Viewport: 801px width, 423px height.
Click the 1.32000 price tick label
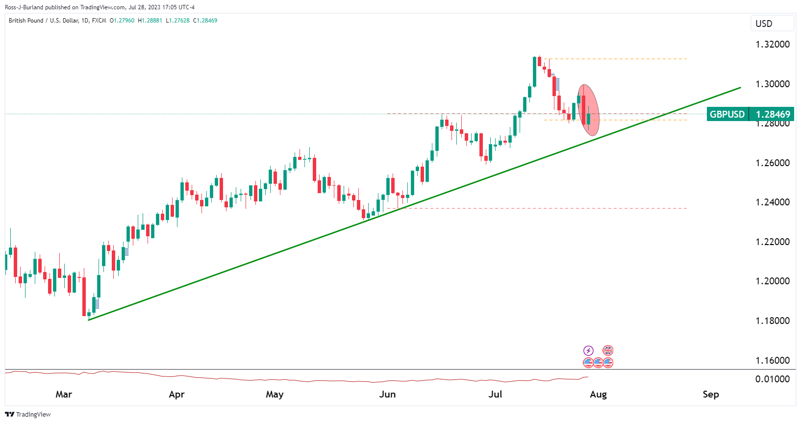(x=773, y=44)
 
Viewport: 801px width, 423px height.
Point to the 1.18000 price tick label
(x=773, y=321)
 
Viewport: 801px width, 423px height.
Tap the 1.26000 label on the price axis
(x=773, y=163)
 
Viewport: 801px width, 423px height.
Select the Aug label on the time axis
(x=598, y=394)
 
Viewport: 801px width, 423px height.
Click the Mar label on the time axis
(x=64, y=394)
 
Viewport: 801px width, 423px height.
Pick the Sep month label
(x=710, y=394)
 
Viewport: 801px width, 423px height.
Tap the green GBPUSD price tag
(x=727, y=114)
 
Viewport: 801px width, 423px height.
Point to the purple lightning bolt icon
(x=588, y=350)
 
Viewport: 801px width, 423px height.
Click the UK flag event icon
(x=608, y=350)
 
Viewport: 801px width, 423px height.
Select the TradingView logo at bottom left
(x=28, y=414)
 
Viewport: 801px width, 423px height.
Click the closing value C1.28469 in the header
(x=205, y=21)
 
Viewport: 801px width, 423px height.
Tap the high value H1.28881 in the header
(x=150, y=21)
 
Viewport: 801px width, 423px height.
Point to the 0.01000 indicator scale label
(x=773, y=379)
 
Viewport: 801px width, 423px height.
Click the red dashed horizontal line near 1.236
(x=539, y=208)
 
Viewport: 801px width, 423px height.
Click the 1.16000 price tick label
(x=773, y=360)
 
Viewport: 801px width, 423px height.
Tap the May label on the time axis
(x=275, y=394)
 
